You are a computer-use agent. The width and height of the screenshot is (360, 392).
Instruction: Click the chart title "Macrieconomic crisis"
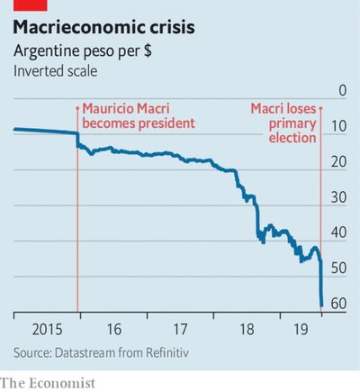click(x=103, y=27)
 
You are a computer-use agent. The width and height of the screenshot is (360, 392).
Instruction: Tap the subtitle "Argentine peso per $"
click(x=83, y=51)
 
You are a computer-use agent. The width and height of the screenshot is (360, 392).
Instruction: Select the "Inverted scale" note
click(x=56, y=71)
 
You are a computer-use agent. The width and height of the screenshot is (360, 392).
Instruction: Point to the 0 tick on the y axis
click(x=342, y=90)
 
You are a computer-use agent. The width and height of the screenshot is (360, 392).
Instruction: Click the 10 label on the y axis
click(x=338, y=126)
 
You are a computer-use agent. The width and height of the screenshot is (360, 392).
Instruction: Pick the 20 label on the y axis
click(x=338, y=161)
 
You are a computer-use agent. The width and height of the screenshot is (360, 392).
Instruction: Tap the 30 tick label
click(x=338, y=197)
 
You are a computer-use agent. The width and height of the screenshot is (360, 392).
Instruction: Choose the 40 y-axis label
click(x=338, y=232)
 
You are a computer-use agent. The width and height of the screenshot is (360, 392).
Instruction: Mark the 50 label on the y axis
click(x=338, y=268)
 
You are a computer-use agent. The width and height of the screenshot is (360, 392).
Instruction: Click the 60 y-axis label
click(x=338, y=304)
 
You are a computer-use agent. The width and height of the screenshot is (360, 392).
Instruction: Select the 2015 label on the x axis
click(x=47, y=330)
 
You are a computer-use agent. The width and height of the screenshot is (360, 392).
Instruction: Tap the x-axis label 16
click(x=114, y=330)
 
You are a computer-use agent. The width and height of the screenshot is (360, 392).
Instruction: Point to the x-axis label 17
click(x=180, y=330)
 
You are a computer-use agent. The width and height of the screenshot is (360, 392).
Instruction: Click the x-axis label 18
click(x=247, y=330)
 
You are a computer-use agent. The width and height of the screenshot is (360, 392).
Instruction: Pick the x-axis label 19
click(x=301, y=330)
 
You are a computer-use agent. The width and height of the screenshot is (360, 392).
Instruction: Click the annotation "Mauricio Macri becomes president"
click(x=139, y=116)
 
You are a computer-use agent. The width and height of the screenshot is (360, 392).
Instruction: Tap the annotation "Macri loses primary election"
click(x=283, y=123)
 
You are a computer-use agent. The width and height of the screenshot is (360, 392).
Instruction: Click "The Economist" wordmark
click(x=48, y=383)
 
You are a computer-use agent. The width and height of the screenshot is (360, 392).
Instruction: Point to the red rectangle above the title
click(x=31, y=5)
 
